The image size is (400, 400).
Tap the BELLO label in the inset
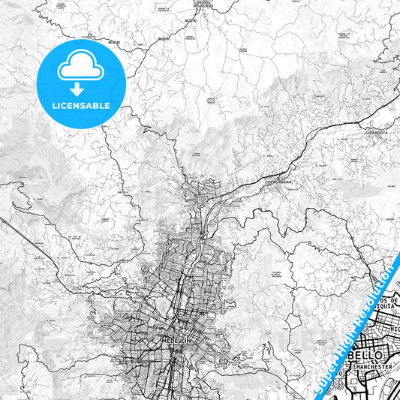click(x=366, y=353)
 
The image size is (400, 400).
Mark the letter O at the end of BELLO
click(x=380, y=353)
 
